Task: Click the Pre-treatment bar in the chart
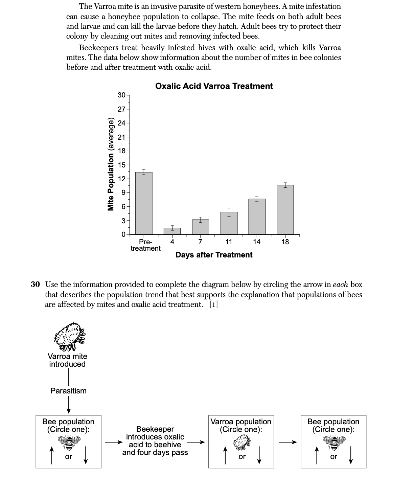(144, 203)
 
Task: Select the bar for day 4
(172, 231)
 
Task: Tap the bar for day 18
(285, 210)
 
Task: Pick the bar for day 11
(229, 223)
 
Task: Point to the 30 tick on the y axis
(121, 95)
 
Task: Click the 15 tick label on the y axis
(121, 165)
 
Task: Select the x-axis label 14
(257, 242)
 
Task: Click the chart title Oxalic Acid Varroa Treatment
(214, 86)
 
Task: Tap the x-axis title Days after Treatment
(214, 255)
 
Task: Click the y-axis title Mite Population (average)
(111, 164)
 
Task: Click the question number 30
(36, 285)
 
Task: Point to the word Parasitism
(68, 391)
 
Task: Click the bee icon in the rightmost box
(334, 442)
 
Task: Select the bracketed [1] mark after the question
(213, 304)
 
